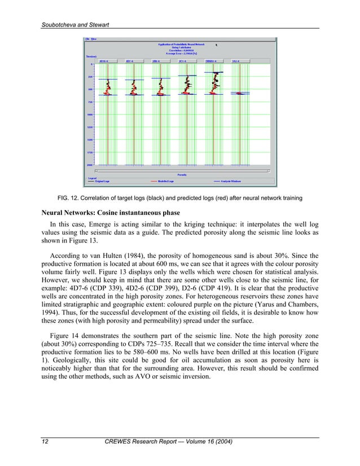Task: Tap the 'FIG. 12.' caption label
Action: pyautogui.click(x=68, y=198)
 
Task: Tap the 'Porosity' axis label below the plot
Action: pyautogui.click(x=182, y=174)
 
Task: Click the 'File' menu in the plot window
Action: pyautogui.click(x=87, y=39)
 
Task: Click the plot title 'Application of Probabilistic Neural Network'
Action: pyautogui.click(x=182, y=43)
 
